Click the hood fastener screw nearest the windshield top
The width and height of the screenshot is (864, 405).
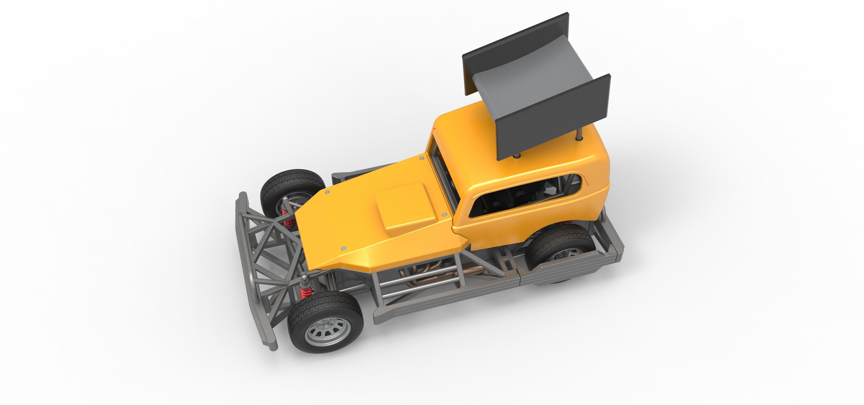pyautogui.click(x=422, y=158)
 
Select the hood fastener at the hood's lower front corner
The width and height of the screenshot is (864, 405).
pyautogui.click(x=343, y=248)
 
